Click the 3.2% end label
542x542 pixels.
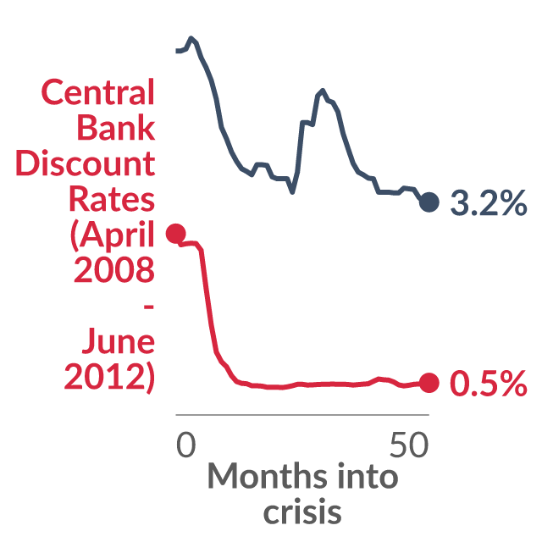[489, 203]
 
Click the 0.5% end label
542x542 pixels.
[489, 383]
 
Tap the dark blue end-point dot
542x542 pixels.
[429, 202]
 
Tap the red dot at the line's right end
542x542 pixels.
[429, 383]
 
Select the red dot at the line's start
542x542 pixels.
[176, 234]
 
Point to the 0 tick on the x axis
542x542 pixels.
[186, 445]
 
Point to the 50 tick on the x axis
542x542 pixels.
[409, 445]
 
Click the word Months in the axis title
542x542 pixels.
[268, 476]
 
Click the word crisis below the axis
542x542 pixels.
[302, 511]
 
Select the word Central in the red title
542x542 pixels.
[98, 92]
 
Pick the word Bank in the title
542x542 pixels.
[116, 127]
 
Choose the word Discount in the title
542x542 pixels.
[85, 163]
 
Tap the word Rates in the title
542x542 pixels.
[112, 198]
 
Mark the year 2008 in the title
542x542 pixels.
[114, 269]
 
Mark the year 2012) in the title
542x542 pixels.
[109, 377]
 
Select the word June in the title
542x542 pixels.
[119, 340]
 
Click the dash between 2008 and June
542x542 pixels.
[149, 307]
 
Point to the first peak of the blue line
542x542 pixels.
[191, 37]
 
